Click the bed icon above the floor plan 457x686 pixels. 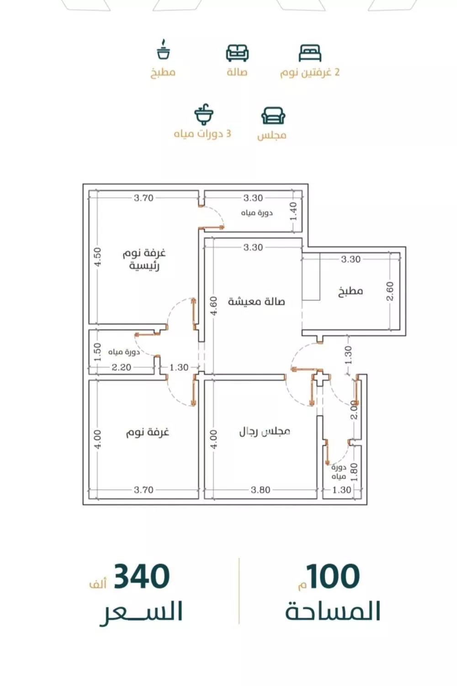point(310,53)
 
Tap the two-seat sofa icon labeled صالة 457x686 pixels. point(237,53)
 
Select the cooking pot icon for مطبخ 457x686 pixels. point(163,50)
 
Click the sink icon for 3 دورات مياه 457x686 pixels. point(204,114)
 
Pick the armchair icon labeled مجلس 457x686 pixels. point(273,115)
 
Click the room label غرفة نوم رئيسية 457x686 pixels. point(144,259)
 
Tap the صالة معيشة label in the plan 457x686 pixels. point(256,301)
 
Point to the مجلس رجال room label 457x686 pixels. point(265,431)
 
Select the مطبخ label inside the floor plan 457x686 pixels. point(351,291)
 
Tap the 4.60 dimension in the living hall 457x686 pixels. point(213,306)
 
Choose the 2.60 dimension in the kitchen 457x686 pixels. point(390,291)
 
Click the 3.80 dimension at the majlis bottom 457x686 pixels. point(260,490)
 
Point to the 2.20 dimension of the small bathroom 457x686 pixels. point(122,367)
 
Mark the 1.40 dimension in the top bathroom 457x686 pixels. point(293,211)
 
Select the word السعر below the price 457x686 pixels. point(142,612)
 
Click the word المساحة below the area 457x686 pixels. point(333,612)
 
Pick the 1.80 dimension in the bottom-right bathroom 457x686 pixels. point(354,472)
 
